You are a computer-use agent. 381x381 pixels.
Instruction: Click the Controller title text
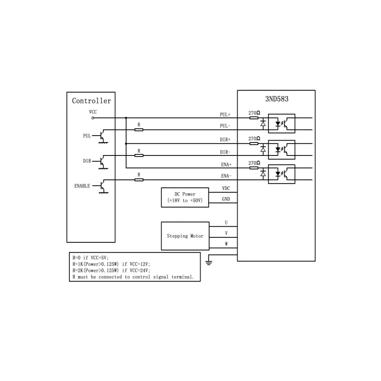91,101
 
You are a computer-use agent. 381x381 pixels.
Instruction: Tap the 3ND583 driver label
277,99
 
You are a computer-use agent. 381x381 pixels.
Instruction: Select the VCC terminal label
93,112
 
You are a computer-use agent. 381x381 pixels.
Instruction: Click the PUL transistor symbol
102,136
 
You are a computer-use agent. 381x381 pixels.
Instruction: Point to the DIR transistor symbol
102,161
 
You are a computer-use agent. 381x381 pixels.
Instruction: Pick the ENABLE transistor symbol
102,186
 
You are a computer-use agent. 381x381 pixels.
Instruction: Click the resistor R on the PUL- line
139,130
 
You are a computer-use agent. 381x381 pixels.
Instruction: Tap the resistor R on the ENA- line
139,179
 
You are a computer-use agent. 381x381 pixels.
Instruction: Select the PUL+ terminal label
225,115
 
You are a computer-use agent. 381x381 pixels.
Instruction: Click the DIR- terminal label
225,152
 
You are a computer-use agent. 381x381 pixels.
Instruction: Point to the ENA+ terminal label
226,165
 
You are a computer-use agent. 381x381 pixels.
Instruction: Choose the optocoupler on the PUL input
282,123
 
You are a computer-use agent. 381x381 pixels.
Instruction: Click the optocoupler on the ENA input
282,174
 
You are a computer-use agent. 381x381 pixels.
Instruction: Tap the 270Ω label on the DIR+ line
254,139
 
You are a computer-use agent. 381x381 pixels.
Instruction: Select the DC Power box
185,197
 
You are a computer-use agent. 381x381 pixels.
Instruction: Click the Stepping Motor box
185,236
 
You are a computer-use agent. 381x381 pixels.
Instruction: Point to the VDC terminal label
226,189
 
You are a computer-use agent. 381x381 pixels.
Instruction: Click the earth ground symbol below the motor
208,262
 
